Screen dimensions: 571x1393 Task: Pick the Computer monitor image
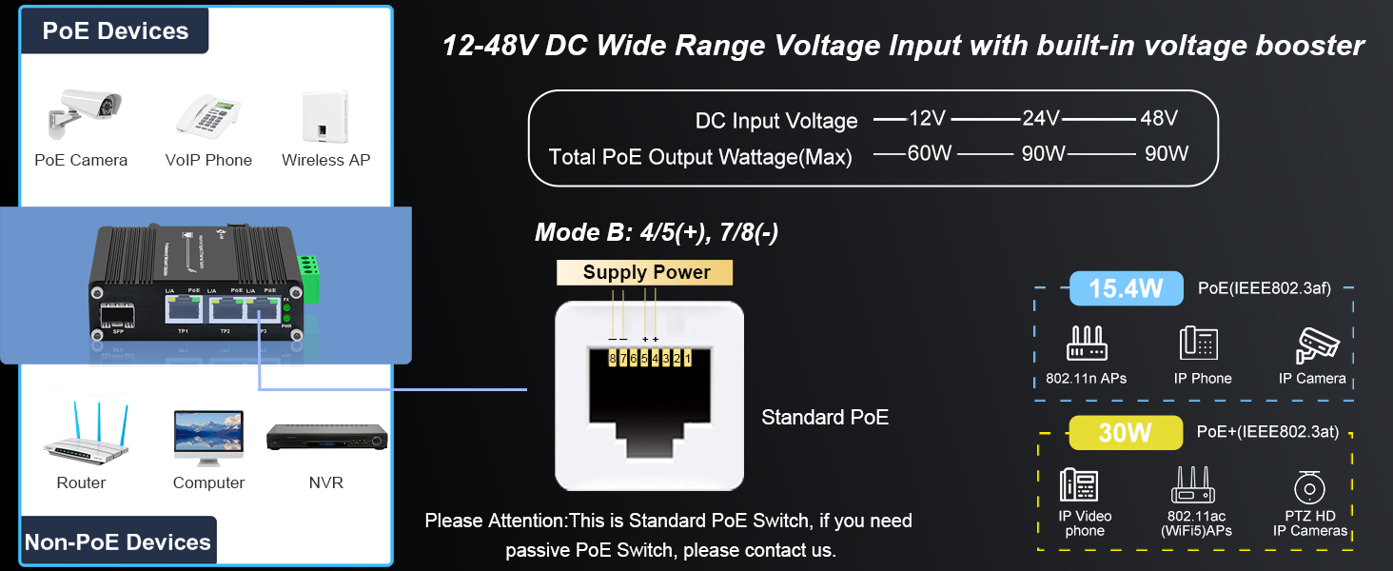(208, 438)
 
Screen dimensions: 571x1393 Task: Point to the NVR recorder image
(327, 438)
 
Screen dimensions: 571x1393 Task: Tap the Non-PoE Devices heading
(118, 542)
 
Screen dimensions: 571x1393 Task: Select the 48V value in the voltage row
(1158, 119)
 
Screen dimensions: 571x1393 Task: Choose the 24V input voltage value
(1041, 119)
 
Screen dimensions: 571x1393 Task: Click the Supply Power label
(646, 272)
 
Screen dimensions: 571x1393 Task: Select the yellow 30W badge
(1125, 433)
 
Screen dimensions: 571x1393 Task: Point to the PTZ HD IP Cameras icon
(1309, 487)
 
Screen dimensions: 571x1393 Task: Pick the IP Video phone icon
(1078, 486)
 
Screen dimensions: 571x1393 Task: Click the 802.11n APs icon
(1086, 345)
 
